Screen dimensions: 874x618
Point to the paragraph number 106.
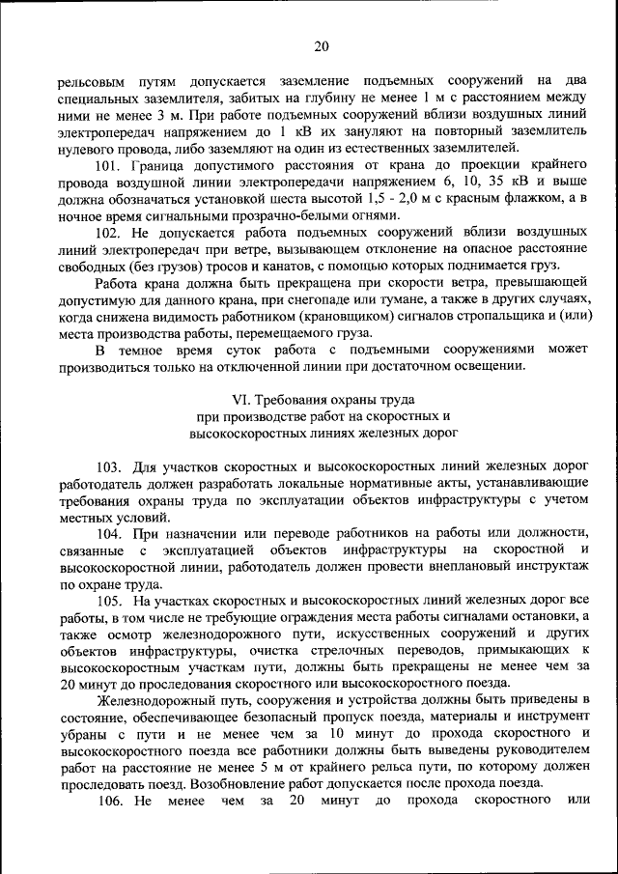pyautogui.click(x=111, y=801)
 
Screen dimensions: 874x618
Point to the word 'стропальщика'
pyautogui.click(x=467, y=319)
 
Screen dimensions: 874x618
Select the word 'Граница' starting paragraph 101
pyautogui.click(x=159, y=165)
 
